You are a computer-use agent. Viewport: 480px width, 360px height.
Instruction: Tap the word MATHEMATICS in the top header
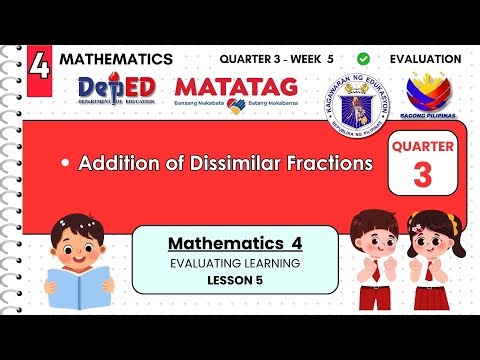click(116, 59)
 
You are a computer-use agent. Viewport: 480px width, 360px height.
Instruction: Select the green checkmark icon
click(362, 59)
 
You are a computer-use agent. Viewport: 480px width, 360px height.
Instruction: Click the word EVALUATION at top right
click(426, 59)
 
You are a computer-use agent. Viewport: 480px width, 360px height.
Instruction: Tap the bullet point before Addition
click(64, 163)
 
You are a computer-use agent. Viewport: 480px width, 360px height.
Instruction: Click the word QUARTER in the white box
click(423, 148)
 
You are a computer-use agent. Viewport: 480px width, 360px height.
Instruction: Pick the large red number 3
click(423, 176)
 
